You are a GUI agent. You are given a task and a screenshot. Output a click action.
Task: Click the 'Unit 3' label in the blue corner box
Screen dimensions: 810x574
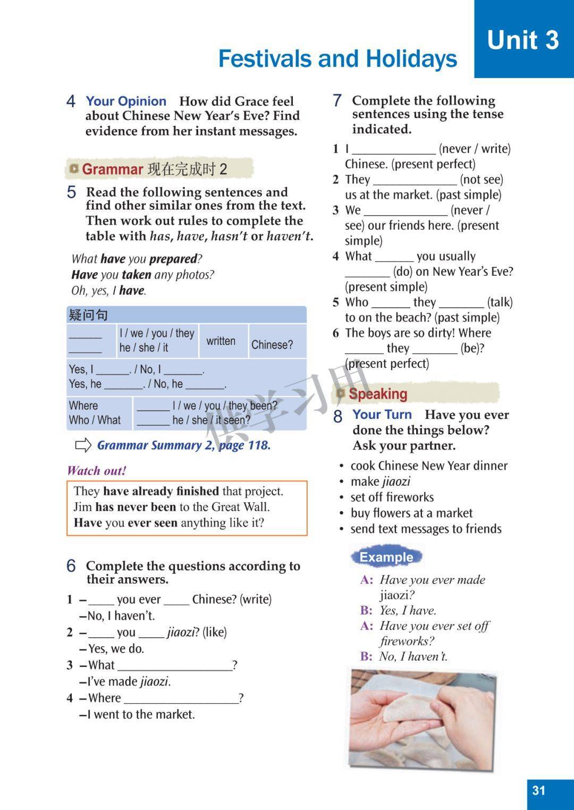(523, 40)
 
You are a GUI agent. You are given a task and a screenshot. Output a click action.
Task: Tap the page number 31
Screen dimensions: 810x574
(539, 790)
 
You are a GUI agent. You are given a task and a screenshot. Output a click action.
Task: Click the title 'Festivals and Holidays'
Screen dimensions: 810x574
(337, 58)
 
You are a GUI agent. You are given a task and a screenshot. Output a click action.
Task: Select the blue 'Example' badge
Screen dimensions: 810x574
(386, 557)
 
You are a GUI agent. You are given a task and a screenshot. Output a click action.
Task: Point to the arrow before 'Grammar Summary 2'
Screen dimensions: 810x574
(83, 445)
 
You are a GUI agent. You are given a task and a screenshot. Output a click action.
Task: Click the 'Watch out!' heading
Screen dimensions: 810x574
(96, 470)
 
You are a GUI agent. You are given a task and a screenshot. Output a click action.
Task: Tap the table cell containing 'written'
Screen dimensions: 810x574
(221, 341)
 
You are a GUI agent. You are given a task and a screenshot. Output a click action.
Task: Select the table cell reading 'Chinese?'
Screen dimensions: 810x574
(272, 344)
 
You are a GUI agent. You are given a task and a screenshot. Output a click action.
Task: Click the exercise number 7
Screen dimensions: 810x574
(337, 100)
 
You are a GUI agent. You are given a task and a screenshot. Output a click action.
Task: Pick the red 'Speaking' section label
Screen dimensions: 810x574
(377, 394)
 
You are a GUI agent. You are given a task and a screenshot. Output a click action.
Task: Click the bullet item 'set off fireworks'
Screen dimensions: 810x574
(392, 497)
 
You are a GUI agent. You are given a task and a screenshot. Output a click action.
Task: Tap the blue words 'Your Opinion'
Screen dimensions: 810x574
(126, 101)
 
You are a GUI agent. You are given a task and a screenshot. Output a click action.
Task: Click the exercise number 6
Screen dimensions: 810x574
(71, 566)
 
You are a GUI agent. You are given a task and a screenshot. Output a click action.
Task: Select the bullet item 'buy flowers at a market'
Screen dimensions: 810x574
(411, 513)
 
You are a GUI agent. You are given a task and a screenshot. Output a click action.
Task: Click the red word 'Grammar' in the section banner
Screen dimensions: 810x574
(113, 170)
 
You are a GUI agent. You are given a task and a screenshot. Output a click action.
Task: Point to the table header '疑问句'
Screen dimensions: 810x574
(88, 315)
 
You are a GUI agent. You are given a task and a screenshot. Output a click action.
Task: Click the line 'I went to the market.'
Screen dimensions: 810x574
(141, 714)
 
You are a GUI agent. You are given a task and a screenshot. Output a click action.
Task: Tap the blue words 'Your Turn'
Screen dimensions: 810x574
(382, 415)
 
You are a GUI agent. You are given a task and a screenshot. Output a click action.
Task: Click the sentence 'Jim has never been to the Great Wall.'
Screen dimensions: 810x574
(172, 507)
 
